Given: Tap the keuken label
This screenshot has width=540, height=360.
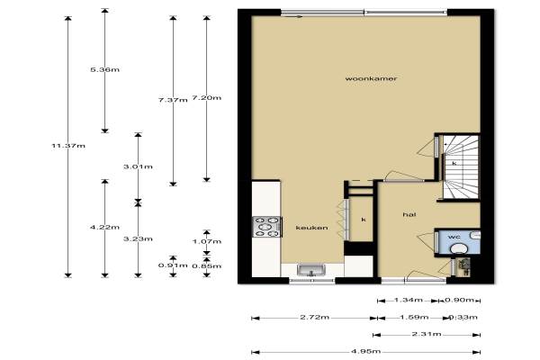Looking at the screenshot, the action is coord(311,228).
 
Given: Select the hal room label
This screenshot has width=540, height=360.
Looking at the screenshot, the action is coord(409,214).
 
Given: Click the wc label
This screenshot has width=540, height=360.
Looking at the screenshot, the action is coord(454,237).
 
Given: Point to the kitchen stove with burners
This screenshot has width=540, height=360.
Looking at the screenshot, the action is coord(267,227).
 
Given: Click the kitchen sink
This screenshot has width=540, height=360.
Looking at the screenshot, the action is coord(311,270).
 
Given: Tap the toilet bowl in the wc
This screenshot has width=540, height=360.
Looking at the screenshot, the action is coord(459,248).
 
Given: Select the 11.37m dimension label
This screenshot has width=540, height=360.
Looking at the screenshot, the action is coord(68,146).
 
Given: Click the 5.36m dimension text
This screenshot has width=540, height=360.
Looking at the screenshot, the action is coord(104,69).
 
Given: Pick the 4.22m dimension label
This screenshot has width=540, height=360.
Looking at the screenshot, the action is coord(104,227).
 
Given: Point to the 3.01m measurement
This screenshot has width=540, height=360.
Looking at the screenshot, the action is coord(138,166).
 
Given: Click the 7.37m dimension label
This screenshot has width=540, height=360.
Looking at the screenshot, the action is coord(173,100).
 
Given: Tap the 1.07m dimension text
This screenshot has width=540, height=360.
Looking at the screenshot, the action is coord(207,241).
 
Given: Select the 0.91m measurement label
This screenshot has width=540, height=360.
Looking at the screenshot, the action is coord(173,265).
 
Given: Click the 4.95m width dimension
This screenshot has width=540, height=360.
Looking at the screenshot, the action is coord(365,351).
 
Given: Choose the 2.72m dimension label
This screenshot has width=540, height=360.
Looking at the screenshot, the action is coord(314,317).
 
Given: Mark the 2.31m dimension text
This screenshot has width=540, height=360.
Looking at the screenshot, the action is coord(427,334).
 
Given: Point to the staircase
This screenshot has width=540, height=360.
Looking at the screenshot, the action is coord(461,167).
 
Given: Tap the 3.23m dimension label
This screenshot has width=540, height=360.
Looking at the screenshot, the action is coord(138,238).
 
